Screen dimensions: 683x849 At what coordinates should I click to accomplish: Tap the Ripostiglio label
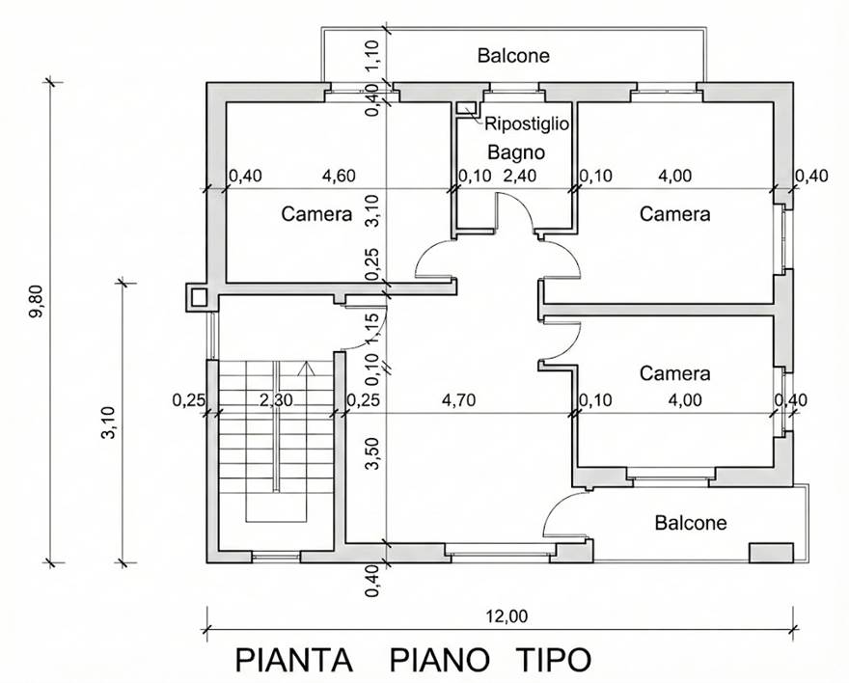[x=527, y=123]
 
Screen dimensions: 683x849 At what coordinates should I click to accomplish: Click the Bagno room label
[x=516, y=152]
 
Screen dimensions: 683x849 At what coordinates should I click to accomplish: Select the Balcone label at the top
[x=513, y=56]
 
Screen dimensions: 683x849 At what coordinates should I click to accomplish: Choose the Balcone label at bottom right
[x=691, y=523]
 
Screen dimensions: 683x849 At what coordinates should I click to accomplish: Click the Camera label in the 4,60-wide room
[x=316, y=214]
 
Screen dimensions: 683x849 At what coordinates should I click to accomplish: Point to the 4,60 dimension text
[x=339, y=176]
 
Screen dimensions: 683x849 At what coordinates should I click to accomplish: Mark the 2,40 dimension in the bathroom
[x=520, y=176]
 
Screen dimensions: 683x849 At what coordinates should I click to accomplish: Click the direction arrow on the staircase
[x=309, y=368]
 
